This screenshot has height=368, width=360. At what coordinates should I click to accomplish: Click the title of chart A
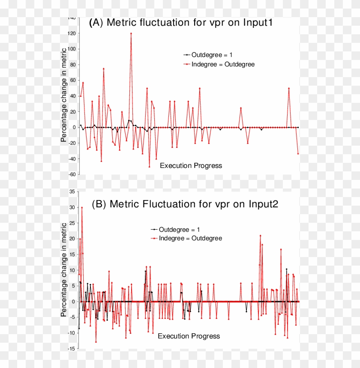point(180,23)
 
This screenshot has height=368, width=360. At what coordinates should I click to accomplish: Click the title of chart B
point(185,204)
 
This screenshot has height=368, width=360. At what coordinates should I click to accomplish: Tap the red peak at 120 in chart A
point(131,33)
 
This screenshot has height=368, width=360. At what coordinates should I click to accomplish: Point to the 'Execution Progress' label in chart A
point(191,165)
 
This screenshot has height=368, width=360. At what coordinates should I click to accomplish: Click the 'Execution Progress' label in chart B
point(189,336)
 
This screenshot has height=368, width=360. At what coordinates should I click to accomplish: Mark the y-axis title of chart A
point(63,96)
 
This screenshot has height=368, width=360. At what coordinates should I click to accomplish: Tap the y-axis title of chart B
point(63,269)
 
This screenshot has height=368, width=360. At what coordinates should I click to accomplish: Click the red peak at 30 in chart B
point(82,207)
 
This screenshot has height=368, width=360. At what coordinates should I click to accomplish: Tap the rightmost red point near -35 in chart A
point(298,153)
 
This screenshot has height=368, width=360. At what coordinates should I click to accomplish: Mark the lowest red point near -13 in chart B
point(96,341)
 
